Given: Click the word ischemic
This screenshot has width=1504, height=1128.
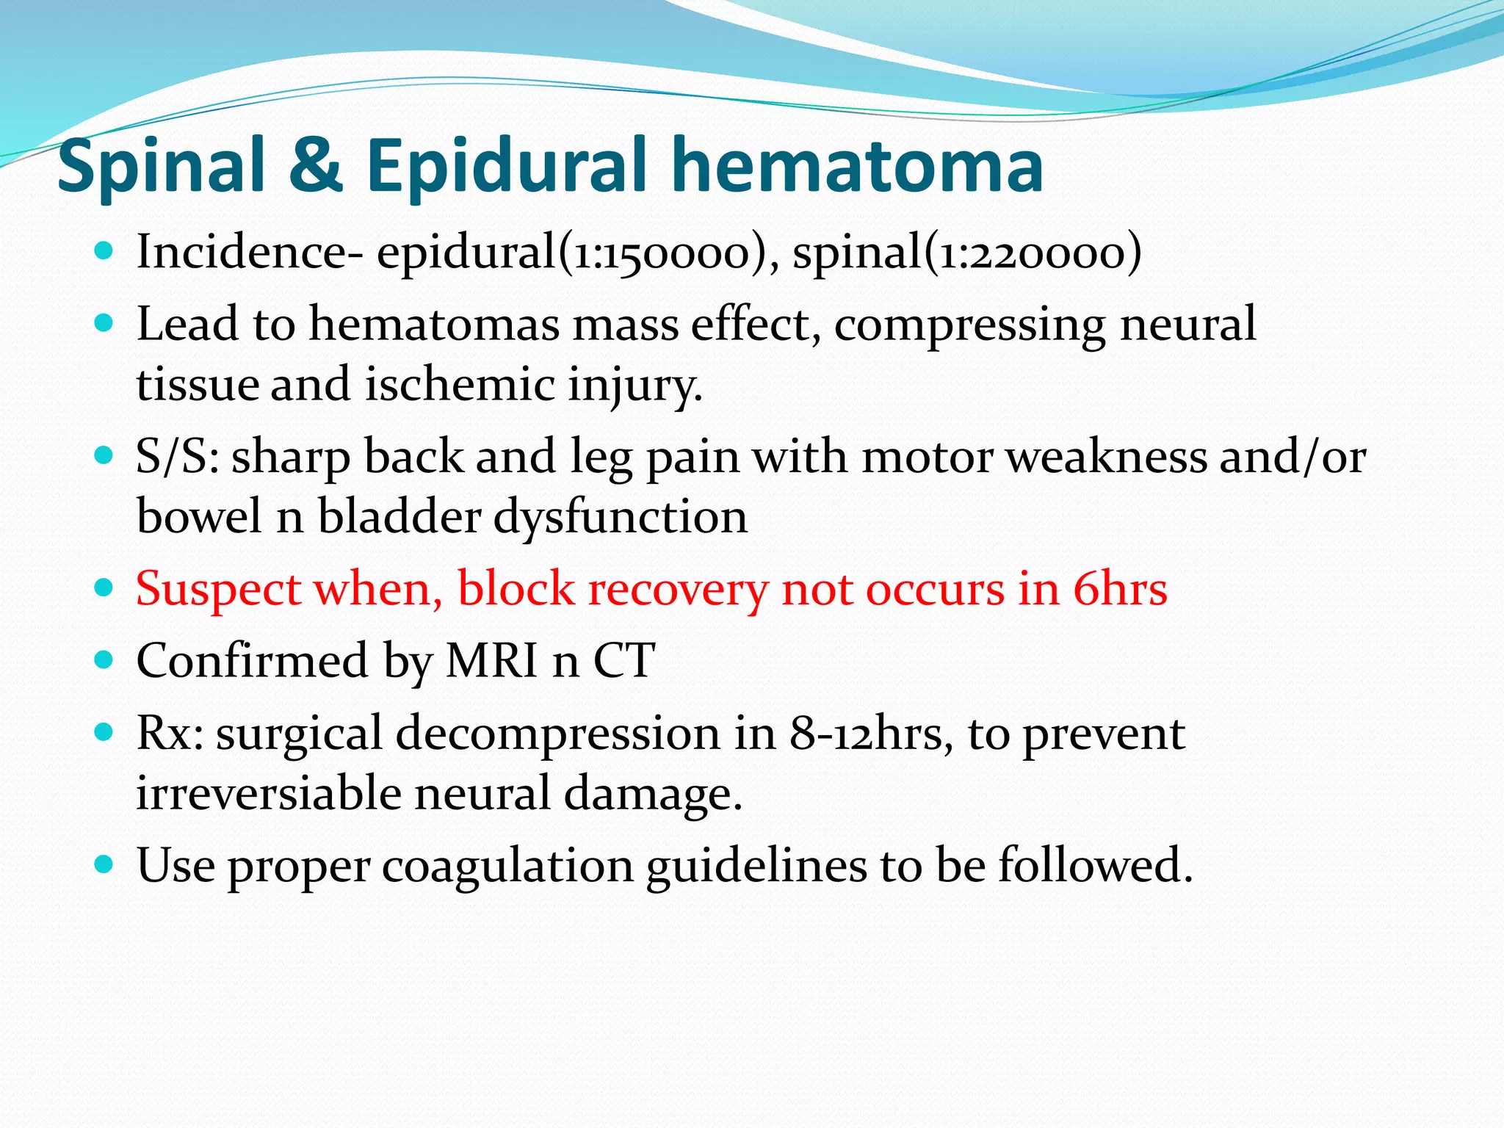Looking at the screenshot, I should coord(459,384).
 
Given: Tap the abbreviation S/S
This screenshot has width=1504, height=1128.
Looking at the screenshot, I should coord(176,457).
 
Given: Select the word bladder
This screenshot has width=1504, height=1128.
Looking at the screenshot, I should coord(399,516).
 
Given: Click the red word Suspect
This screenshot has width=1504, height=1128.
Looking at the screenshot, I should coord(218,589).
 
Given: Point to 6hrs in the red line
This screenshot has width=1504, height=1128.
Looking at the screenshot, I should coord(1119,589).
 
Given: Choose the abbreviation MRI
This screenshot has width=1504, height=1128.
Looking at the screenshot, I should coord(491,660).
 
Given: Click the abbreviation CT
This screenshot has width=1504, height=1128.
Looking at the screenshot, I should coord(623,660).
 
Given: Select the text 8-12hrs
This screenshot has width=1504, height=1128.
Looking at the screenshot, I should coord(866,733).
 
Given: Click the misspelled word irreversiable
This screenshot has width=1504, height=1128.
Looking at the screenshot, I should coord(268,793).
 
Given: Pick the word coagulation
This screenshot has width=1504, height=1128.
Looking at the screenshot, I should coord(507,865).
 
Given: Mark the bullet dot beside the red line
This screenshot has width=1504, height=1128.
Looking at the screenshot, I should coord(104,588).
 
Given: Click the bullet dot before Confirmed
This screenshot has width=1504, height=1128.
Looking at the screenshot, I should coord(104,659).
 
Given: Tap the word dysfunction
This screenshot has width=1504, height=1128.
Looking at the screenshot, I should coord(620,516).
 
